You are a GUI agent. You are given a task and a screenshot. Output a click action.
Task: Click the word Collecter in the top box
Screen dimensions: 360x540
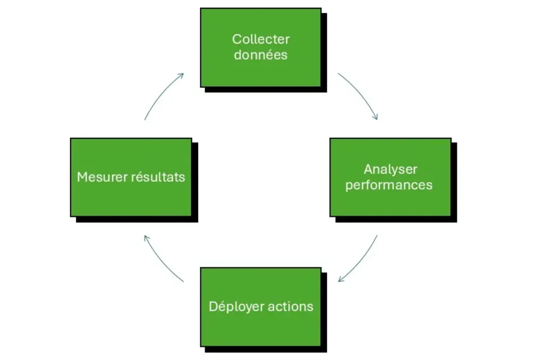click(261, 40)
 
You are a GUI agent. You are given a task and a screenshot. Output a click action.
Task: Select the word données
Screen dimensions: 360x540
click(261, 55)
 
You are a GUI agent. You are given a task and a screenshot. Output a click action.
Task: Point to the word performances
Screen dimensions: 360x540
click(389, 185)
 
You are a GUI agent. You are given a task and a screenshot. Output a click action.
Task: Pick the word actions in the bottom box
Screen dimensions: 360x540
click(291, 306)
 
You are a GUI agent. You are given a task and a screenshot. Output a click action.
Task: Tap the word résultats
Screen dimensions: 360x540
click(158, 178)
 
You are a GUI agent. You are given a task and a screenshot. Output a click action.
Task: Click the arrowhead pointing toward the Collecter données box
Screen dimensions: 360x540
click(181, 75)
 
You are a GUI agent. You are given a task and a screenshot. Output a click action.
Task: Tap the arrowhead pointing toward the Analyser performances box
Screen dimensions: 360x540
click(376, 117)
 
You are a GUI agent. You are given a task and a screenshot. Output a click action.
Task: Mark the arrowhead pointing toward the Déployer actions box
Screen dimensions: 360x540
click(341, 279)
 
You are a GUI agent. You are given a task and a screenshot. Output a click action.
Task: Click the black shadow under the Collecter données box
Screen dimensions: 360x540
click(265, 90)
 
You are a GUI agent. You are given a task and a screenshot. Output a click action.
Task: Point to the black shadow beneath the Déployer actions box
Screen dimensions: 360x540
click(265, 349)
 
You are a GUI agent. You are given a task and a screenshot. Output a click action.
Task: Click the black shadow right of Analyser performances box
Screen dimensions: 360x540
click(454, 181)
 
